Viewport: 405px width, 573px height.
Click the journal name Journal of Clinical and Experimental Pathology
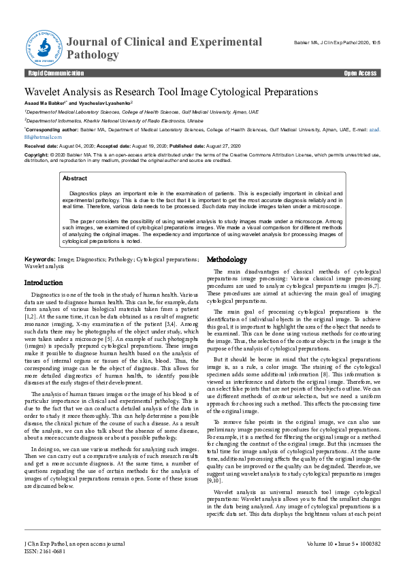pyautogui.click(x=164, y=48)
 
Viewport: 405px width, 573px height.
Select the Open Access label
pyautogui.click(x=360, y=73)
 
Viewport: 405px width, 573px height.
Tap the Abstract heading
pyautogui.click(x=74, y=178)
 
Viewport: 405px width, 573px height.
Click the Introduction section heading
pyautogui.click(x=44, y=282)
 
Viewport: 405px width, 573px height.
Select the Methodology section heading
pyautogui.click(x=227, y=260)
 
